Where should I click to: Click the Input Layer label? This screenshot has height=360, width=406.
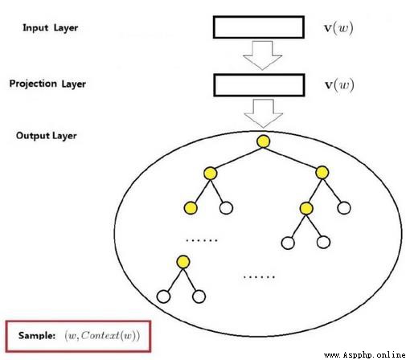pyautogui.click(x=51, y=28)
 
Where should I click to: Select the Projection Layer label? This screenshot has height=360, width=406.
pyautogui.click(x=47, y=84)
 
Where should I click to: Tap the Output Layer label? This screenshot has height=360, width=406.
pyautogui.click(x=47, y=136)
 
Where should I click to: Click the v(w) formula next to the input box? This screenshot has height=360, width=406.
pyautogui.click(x=338, y=28)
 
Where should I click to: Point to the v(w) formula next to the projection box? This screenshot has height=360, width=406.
pyautogui.click(x=339, y=85)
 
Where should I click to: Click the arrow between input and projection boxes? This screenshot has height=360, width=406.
pyautogui.click(x=262, y=55)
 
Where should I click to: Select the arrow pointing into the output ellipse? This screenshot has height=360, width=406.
pyautogui.click(x=263, y=113)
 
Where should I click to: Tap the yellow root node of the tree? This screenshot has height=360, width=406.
pyautogui.click(x=263, y=141)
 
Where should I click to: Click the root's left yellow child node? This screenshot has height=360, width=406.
pyautogui.click(x=210, y=174)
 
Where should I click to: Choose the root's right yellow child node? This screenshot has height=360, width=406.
pyautogui.click(x=322, y=173)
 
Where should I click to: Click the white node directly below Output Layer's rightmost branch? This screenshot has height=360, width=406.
pyautogui.click(x=344, y=208)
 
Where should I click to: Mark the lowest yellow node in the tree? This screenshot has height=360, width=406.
pyautogui.click(x=183, y=262)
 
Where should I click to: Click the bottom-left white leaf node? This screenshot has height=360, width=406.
pyautogui.click(x=163, y=297)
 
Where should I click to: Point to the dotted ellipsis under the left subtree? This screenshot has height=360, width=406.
pyautogui.click(x=202, y=240)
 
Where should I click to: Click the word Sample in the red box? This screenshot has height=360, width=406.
pyautogui.click(x=37, y=335)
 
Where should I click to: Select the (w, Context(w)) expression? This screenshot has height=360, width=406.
pyautogui.click(x=102, y=336)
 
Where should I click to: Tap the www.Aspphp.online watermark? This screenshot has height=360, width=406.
pyautogui.click(x=364, y=355)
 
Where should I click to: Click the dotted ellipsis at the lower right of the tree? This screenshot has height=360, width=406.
pyautogui.click(x=259, y=276)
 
